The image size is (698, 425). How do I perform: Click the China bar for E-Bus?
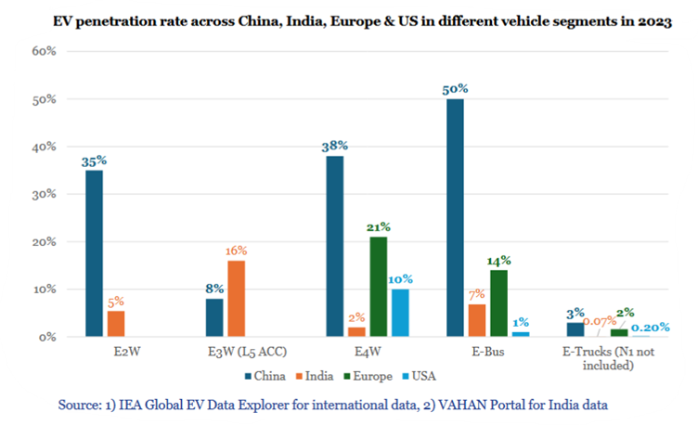[455, 217]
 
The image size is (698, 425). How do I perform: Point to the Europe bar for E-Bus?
[498, 303]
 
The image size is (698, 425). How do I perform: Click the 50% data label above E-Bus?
[455, 88]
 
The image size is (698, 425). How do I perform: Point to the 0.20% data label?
[650, 328]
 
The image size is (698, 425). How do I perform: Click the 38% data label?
[334, 146]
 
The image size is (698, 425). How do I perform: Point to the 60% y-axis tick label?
[45, 50]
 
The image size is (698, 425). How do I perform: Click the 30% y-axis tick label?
[45, 194]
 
